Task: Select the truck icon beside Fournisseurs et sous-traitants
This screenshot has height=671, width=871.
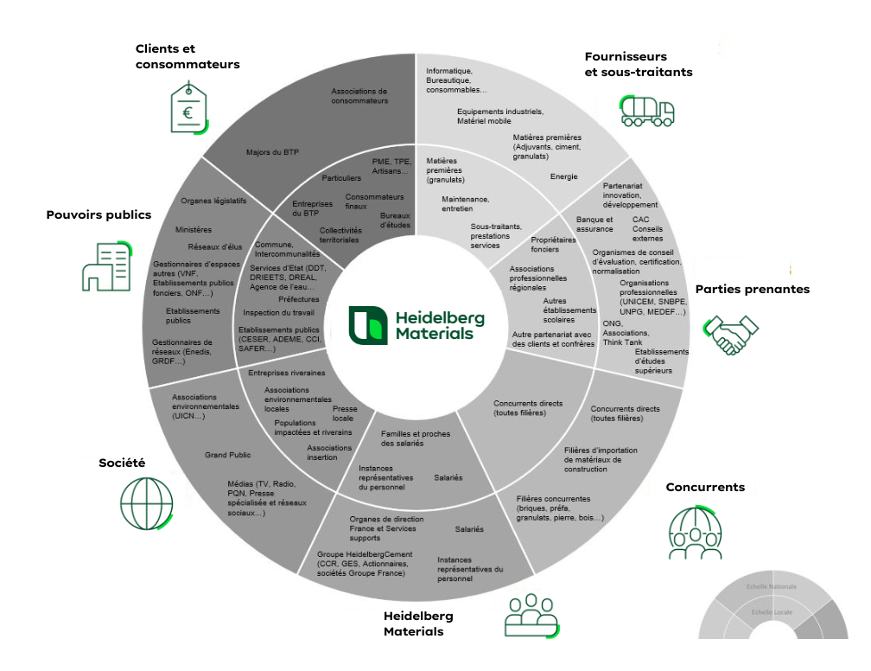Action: pyautogui.click(x=646, y=110)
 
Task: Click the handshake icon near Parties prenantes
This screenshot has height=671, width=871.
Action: pyautogui.click(x=731, y=335)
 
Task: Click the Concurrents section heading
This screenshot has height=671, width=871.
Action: pyautogui.click(x=705, y=488)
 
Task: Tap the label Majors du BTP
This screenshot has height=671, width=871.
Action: pyautogui.click(x=266, y=152)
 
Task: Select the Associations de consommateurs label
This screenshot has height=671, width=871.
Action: pyautogui.click(x=359, y=96)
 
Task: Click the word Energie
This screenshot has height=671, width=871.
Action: pyautogui.click(x=564, y=177)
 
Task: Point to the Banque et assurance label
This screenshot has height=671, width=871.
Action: pyautogui.click(x=594, y=224)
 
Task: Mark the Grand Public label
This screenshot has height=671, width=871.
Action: pyautogui.click(x=228, y=455)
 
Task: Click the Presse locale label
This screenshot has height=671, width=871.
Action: pyautogui.click(x=345, y=413)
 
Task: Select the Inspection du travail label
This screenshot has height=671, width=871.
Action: pyautogui.click(x=278, y=313)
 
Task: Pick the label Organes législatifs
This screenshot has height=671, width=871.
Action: pyautogui.click(x=213, y=201)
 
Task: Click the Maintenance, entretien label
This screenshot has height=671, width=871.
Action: pyautogui.click(x=465, y=204)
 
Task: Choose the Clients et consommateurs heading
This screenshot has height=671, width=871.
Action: pyautogui.click(x=188, y=56)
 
